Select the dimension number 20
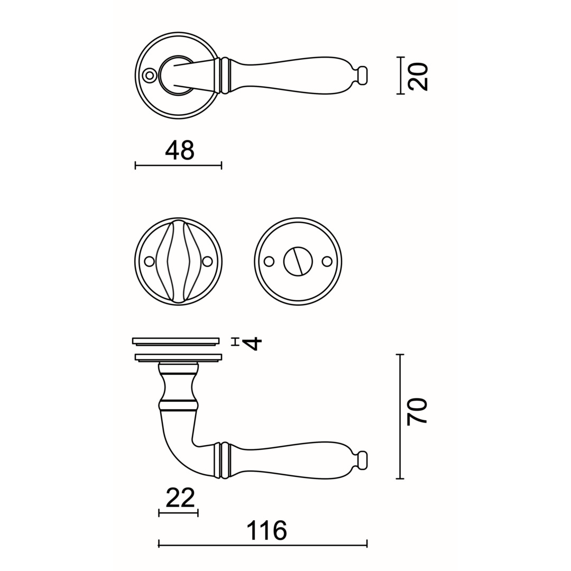click(x=418, y=77)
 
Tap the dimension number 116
click(x=267, y=530)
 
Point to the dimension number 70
click(x=417, y=411)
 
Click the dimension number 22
click(x=180, y=498)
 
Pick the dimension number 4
click(x=252, y=344)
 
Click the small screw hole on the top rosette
click(x=149, y=76)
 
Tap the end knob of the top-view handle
click(x=363, y=76)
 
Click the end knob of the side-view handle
click(x=363, y=461)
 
